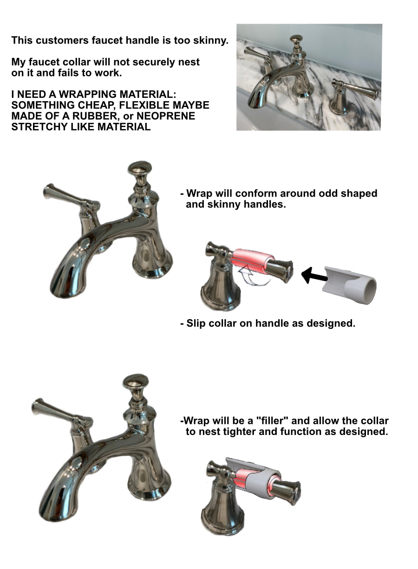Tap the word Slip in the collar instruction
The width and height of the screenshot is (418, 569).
[196, 323]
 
